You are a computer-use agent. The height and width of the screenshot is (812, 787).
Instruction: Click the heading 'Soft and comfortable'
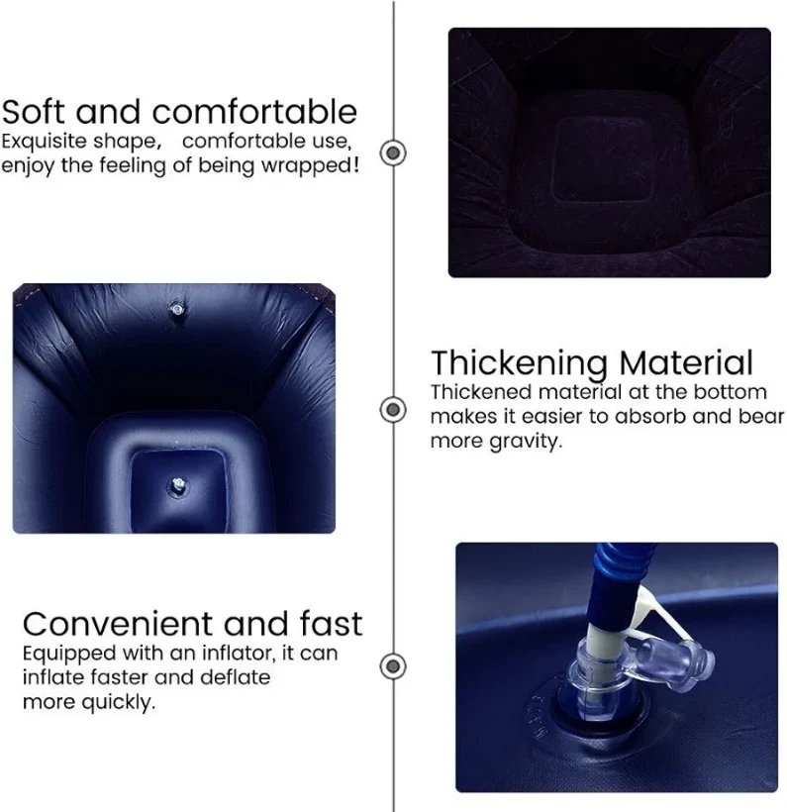coord(179,111)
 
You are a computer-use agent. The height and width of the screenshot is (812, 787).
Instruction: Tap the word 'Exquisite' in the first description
coord(44,142)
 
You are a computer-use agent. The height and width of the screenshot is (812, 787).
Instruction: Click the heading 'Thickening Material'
coord(592,363)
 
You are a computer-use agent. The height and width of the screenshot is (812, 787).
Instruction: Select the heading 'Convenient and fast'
coord(192,624)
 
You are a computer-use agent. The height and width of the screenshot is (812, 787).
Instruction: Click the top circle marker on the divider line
coord(394,152)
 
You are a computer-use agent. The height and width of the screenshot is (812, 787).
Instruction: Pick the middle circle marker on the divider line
coord(394,409)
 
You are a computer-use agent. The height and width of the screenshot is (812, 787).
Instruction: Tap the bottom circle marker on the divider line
coord(394,665)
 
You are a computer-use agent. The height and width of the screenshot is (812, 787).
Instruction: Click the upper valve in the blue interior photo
coord(177,310)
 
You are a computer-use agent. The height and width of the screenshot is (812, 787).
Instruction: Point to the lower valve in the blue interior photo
coord(178,486)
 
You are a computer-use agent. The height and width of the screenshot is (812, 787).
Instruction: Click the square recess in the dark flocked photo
coord(603,159)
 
